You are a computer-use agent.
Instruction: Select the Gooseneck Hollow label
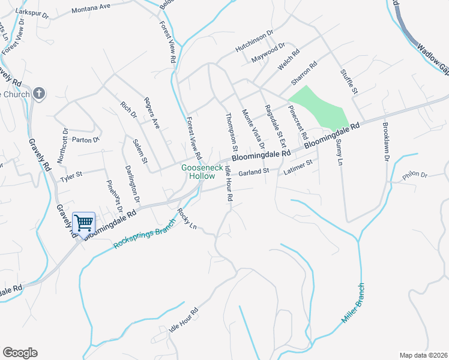(198, 172)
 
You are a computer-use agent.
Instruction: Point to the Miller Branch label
(354, 304)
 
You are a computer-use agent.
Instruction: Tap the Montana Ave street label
(91, 10)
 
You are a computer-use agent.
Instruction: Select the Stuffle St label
(349, 83)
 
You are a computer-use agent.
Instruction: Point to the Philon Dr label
(415, 175)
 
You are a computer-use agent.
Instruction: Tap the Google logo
(20, 353)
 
